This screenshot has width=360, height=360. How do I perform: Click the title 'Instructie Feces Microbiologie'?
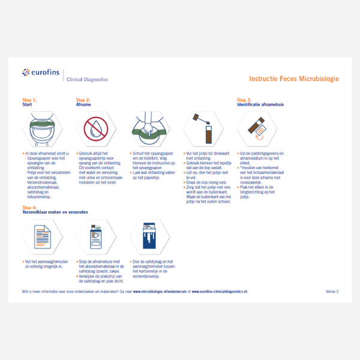pos(293,79)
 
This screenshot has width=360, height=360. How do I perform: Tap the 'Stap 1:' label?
pos(29,100)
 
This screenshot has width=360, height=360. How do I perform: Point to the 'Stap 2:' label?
pos(83,100)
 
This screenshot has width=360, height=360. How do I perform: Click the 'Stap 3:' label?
pos(244,100)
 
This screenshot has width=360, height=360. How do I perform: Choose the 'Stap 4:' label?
pos(29,207)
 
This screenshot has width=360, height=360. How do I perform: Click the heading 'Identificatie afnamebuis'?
pos(263,105)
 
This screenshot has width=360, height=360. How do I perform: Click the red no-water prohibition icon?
pos(94,128)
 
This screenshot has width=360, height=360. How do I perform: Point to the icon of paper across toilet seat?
pos(148,128)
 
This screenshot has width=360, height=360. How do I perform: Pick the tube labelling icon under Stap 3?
pos(254,128)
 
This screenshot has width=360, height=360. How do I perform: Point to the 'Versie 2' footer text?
pos(332,292)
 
